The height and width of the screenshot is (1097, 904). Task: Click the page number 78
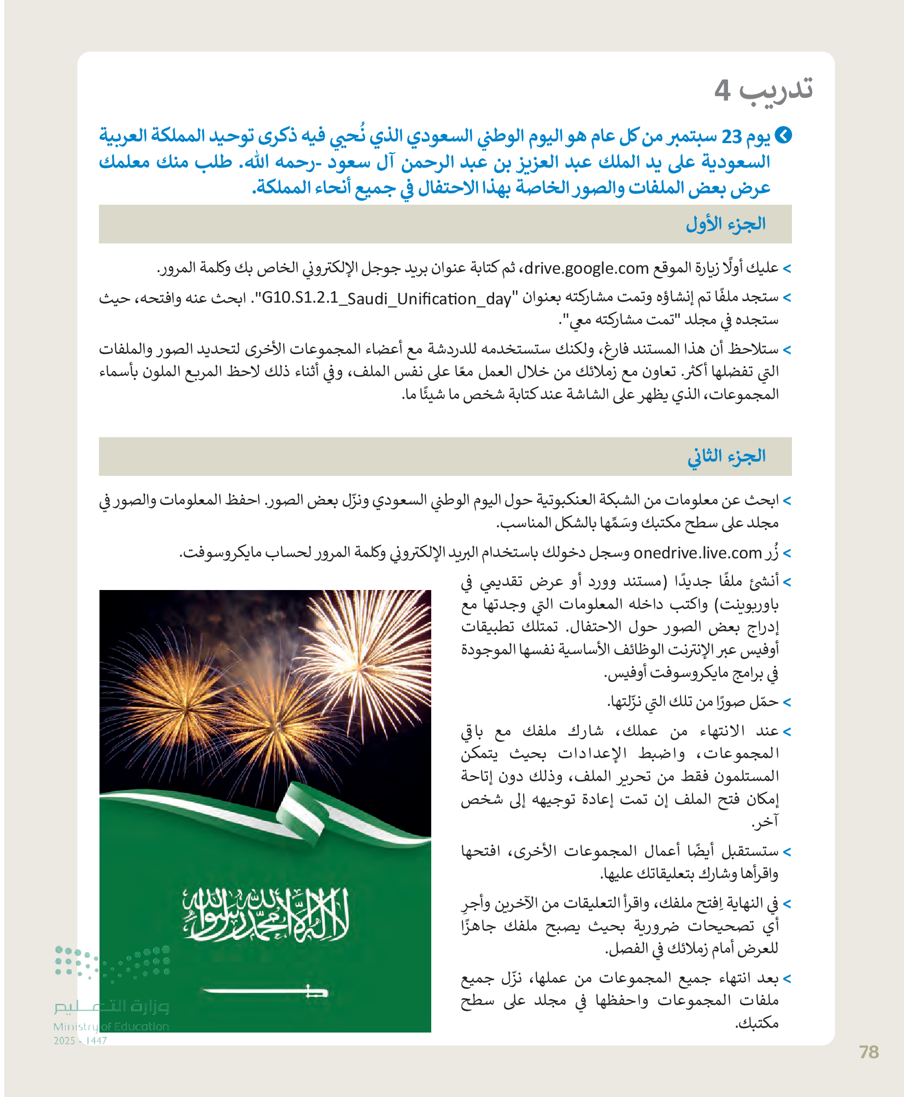[x=868, y=1052]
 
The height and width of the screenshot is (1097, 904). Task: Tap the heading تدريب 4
[x=764, y=90]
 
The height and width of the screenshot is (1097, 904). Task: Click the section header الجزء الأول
[x=725, y=224]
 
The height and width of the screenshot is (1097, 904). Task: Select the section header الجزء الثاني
[x=726, y=456]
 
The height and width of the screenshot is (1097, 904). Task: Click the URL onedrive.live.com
[x=697, y=553]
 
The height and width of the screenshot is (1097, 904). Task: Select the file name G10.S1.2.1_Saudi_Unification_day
[x=386, y=299]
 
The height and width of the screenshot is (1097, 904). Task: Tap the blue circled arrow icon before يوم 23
[x=783, y=135]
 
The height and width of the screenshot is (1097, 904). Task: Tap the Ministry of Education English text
[x=111, y=1027]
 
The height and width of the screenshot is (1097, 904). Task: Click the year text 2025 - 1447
[x=80, y=1041]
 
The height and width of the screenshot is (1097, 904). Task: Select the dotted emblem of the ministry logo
[x=112, y=963]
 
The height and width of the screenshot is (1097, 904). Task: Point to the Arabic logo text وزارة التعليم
[x=111, y=1006]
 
